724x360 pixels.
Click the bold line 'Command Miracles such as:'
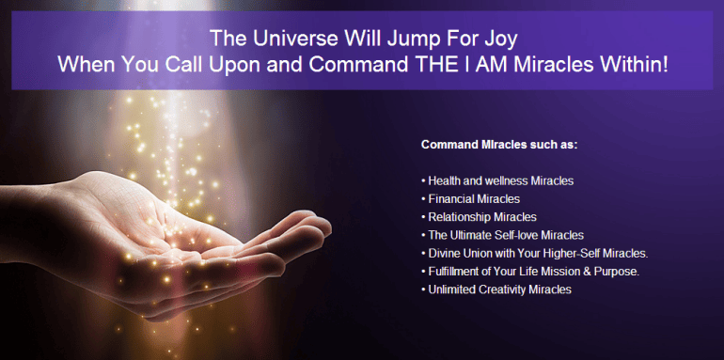498,146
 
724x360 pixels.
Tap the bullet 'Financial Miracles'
470,199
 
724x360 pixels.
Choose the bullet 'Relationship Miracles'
480,217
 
